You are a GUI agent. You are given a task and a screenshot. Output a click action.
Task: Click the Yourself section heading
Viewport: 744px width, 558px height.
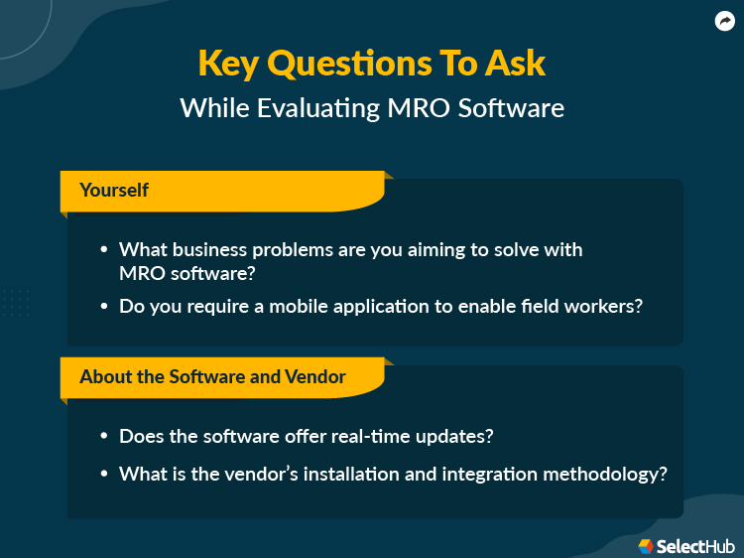coord(114,190)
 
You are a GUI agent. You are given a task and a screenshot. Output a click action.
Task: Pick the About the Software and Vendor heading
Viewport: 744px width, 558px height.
coord(213,376)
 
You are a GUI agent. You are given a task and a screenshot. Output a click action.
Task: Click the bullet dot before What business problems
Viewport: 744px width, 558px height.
coord(105,250)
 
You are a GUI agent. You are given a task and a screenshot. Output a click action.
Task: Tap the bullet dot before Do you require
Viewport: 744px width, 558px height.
coord(105,307)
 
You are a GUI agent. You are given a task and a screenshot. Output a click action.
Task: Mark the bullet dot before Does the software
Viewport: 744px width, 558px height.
coord(105,437)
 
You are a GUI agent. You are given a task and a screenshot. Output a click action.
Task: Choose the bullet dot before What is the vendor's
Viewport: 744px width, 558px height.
coord(105,475)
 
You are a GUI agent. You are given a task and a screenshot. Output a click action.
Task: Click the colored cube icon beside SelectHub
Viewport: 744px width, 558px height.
coord(645,545)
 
